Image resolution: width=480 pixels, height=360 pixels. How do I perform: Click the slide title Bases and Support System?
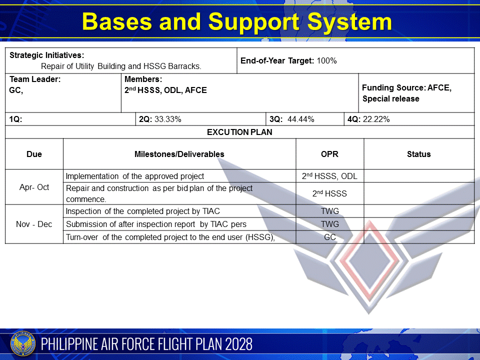click(237, 22)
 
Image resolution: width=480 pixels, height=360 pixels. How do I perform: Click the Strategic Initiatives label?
click(47, 55)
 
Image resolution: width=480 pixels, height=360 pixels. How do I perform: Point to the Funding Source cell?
click(406, 93)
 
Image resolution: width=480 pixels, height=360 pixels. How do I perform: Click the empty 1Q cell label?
click(16, 119)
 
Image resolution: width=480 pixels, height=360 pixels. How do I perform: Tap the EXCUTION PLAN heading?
click(239, 132)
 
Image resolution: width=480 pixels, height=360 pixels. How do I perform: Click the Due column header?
click(34, 154)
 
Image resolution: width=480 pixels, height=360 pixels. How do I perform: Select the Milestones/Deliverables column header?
click(179, 154)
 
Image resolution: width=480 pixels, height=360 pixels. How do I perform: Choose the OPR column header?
click(329, 154)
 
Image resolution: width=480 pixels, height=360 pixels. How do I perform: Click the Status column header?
click(418, 154)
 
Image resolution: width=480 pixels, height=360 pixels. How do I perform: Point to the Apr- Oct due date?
click(34, 187)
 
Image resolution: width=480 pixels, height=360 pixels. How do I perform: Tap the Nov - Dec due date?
click(34, 224)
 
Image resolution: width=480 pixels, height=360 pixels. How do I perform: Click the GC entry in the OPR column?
click(329, 237)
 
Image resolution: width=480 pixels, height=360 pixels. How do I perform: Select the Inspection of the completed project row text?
click(143, 211)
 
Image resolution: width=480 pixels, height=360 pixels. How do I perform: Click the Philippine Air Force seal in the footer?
click(21, 344)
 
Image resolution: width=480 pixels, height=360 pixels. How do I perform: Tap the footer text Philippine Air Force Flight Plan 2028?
click(147, 344)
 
